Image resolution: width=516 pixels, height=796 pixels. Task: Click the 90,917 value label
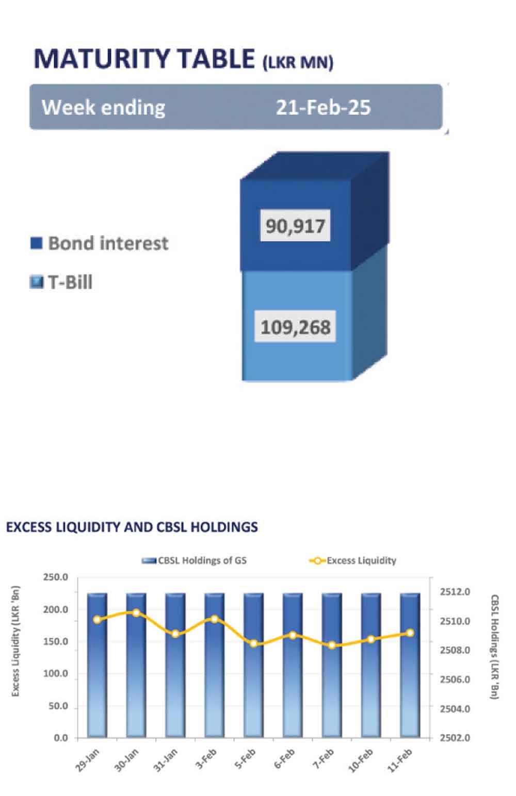pos(295,226)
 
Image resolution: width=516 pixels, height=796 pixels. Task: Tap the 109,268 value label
pos(295,327)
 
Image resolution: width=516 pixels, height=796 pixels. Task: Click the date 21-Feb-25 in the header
pos(323,107)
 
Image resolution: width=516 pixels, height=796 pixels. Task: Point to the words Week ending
pos(104,107)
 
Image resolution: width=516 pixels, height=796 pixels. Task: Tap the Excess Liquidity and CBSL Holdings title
pos(132,527)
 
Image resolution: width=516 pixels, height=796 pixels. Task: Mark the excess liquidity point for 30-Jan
pos(136,613)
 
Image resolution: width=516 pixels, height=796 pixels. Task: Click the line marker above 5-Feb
pos(253,643)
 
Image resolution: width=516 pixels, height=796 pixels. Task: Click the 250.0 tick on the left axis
pos(56,577)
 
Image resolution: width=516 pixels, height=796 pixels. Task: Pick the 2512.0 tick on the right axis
pos(455,592)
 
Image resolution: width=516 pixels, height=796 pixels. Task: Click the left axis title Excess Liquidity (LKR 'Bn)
pos(15,641)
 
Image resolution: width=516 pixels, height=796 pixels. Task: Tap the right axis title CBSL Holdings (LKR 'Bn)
pos(494,646)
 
